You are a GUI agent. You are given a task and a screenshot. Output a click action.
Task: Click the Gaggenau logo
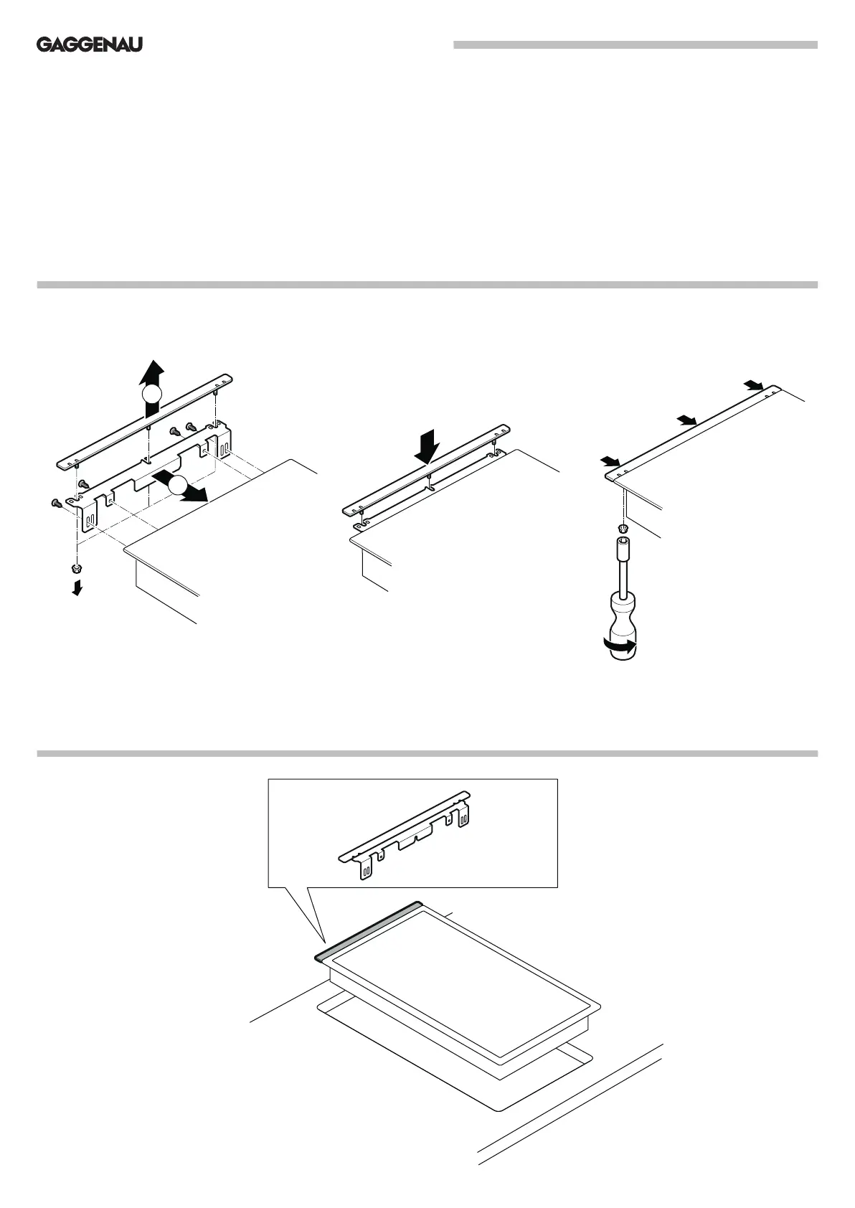point(90,45)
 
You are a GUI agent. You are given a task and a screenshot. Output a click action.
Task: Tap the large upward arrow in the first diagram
point(151,377)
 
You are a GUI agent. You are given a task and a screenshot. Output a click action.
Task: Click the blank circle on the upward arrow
point(151,395)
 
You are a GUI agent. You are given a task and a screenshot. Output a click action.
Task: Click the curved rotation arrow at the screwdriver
point(620,646)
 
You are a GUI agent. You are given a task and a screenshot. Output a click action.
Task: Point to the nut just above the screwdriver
point(623,529)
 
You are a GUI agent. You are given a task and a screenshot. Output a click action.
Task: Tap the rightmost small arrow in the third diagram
point(753,386)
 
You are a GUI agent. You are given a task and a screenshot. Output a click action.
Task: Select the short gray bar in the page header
point(635,45)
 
